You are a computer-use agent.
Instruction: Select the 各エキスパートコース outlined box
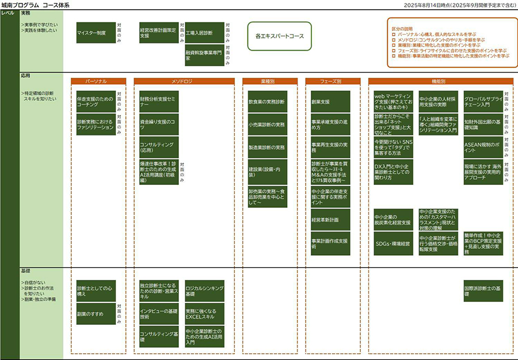(280, 36)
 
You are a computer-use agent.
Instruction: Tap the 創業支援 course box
(330, 102)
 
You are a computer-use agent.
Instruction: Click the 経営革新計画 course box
(330, 220)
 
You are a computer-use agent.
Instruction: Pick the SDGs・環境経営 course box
(393, 244)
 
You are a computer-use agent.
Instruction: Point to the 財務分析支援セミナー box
(159, 102)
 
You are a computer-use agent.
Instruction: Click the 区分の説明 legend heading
(402, 28)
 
